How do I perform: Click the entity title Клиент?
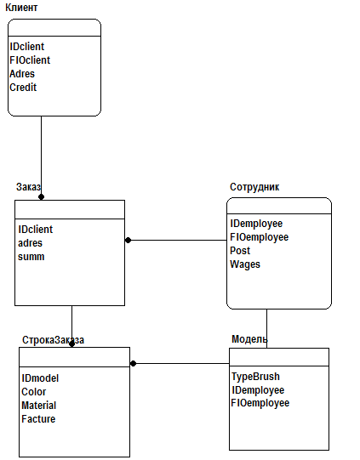tap(21, 8)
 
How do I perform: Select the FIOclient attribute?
tap(30, 60)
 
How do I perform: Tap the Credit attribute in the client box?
tap(23, 88)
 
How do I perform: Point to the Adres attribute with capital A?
tap(22, 74)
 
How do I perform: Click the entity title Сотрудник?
tap(254, 187)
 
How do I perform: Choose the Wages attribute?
tap(245, 264)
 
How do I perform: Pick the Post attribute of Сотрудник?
tap(240, 251)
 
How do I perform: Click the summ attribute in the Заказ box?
tap(31, 257)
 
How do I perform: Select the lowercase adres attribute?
tap(30, 243)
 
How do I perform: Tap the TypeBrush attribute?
tap(256, 377)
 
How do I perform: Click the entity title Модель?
tap(249, 339)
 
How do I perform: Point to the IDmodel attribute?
tap(40, 378)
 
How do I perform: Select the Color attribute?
tap(34, 392)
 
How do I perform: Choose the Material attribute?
tap(39, 406)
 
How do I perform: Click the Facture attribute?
tap(38, 419)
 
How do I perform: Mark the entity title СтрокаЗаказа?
tap(53, 340)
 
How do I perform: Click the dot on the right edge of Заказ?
tap(128, 241)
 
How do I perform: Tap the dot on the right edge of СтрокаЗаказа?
tap(133, 364)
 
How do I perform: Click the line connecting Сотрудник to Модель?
tap(267, 328)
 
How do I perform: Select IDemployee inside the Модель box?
tap(258, 390)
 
